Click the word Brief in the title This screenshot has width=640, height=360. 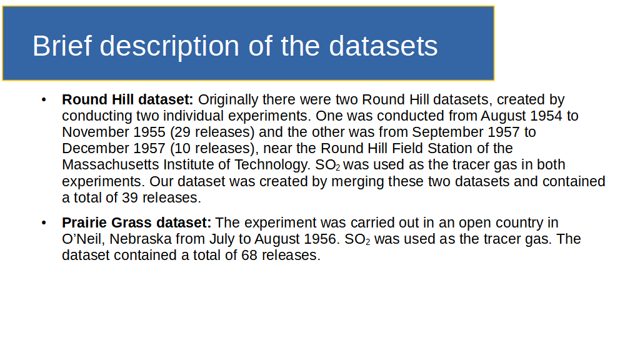point(62,46)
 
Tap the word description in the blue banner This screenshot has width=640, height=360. point(169,46)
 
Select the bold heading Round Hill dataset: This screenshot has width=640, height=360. point(127,99)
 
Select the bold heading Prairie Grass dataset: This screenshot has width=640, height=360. point(136,222)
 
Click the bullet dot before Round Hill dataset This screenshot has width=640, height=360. point(44,99)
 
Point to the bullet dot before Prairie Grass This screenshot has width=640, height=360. point(44,222)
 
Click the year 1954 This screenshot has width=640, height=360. point(546,116)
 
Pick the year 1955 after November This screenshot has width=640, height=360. point(149,132)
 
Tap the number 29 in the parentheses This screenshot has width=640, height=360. point(182,132)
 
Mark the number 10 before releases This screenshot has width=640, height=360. point(182,149)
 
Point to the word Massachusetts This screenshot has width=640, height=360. point(111,165)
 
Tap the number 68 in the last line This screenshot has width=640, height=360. point(249,256)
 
